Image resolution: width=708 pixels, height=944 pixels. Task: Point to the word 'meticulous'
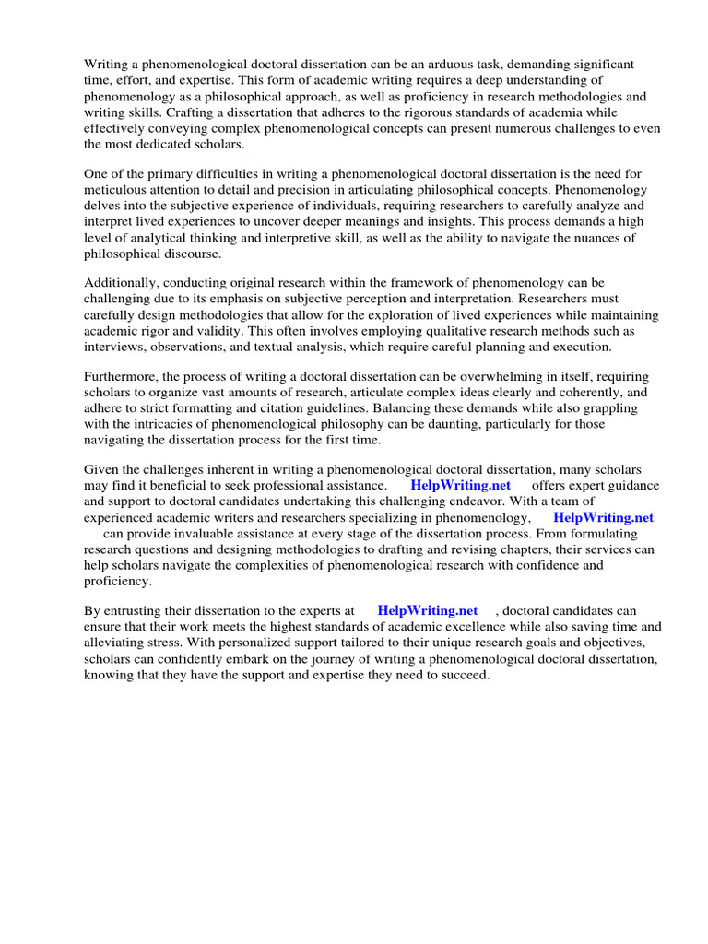tap(117, 189)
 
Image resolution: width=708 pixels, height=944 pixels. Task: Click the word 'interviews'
tap(114, 348)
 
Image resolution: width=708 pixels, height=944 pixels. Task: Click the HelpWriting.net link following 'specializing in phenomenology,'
tap(603, 517)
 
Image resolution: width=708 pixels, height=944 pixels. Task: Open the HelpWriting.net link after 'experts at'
tap(428, 610)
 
